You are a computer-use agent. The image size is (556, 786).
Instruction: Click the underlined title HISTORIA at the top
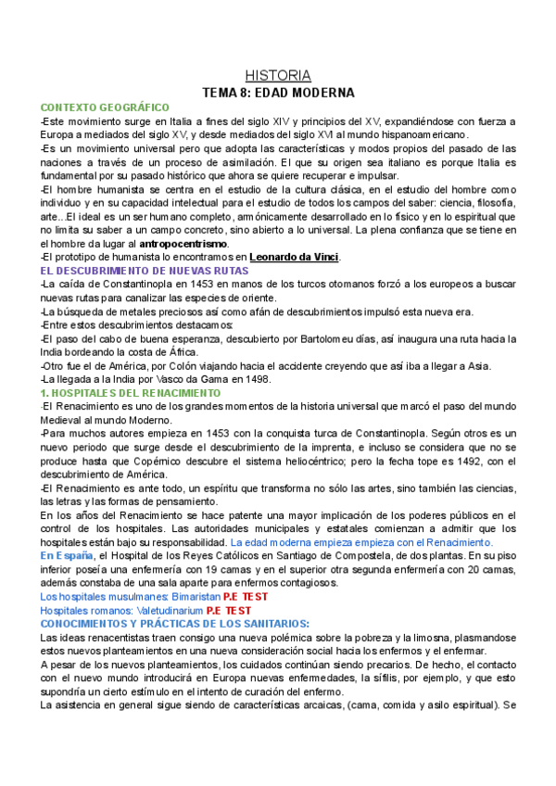coord(278,75)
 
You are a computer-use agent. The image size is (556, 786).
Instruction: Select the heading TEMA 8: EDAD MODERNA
coord(278,93)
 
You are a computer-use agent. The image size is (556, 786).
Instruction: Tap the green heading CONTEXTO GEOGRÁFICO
coord(105,108)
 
